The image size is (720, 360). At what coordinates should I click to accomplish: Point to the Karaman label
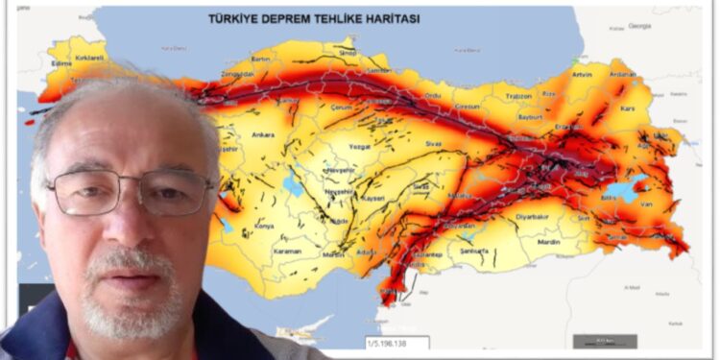(x=287, y=252)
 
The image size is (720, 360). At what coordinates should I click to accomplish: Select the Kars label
(x=630, y=108)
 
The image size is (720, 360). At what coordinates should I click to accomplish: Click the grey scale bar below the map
(x=605, y=341)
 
